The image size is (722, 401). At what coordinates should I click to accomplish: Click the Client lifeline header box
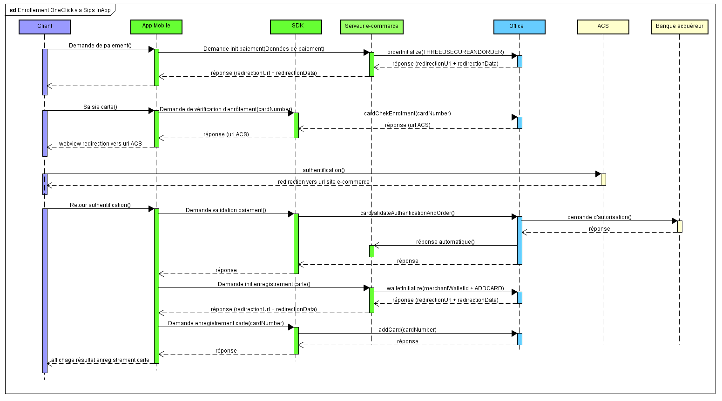click(x=45, y=27)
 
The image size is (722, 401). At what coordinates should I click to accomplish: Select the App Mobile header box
click(x=156, y=27)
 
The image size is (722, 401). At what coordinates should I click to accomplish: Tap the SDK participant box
click(x=296, y=27)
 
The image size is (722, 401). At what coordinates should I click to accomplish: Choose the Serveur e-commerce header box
click(x=371, y=27)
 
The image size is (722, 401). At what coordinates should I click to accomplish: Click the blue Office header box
click(x=519, y=27)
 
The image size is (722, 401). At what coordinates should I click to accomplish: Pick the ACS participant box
click(x=603, y=27)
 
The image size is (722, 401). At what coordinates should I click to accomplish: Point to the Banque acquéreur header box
click(x=679, y=27)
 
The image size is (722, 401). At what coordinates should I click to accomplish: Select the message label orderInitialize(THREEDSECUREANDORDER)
click(x=445, y=52)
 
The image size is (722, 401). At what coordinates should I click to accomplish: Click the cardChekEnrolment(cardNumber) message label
click(x=407, y=114)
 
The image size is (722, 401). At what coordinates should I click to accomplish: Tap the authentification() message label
click(x=324, y=170)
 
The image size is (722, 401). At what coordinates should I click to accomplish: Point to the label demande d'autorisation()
click(x=599, y=217)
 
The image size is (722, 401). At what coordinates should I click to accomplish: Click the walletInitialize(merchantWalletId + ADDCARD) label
click(x=445, y=288)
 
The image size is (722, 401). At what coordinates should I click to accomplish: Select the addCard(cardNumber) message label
click(x=407, y=330)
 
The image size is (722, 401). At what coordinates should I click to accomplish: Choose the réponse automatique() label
click(x=445, y=242)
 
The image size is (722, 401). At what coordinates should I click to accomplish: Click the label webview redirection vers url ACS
click(x=100, y=144)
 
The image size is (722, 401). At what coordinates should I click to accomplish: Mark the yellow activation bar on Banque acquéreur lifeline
click(x=680, y=227)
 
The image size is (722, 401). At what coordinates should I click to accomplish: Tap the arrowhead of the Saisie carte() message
click(x=151, y=111)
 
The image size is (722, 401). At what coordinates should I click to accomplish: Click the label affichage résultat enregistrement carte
click(x=100, y=360)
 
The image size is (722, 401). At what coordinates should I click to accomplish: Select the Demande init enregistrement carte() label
click(x=264, y=284)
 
